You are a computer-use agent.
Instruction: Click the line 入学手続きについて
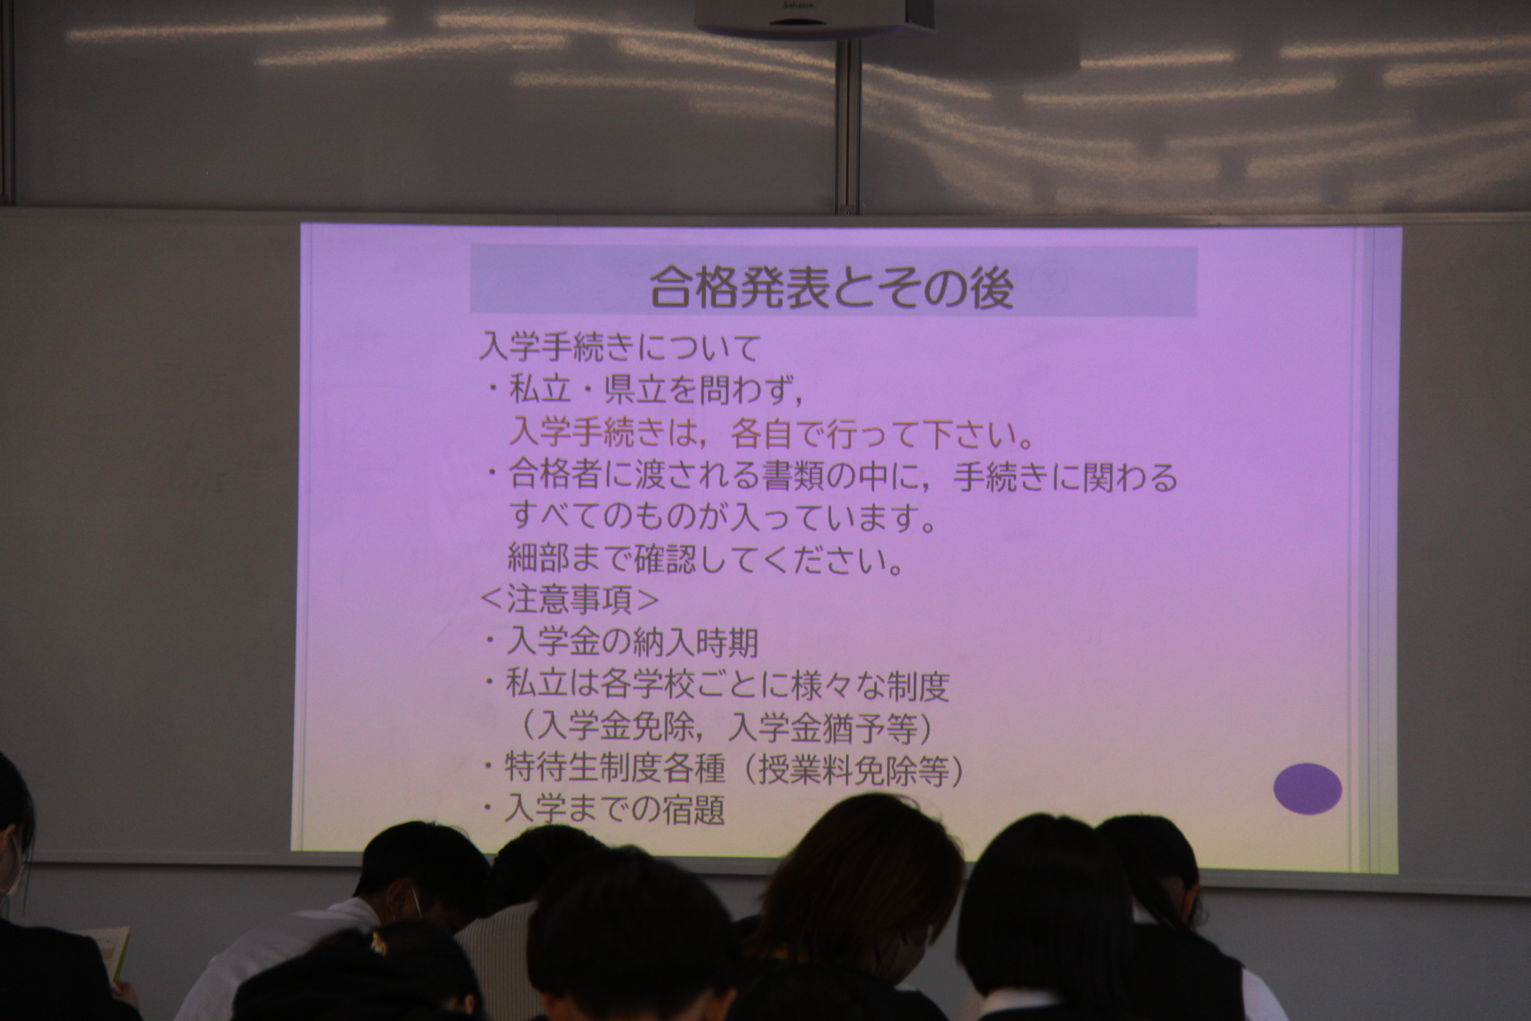(620, 348)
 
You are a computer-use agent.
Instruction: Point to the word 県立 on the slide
(635, 390)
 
